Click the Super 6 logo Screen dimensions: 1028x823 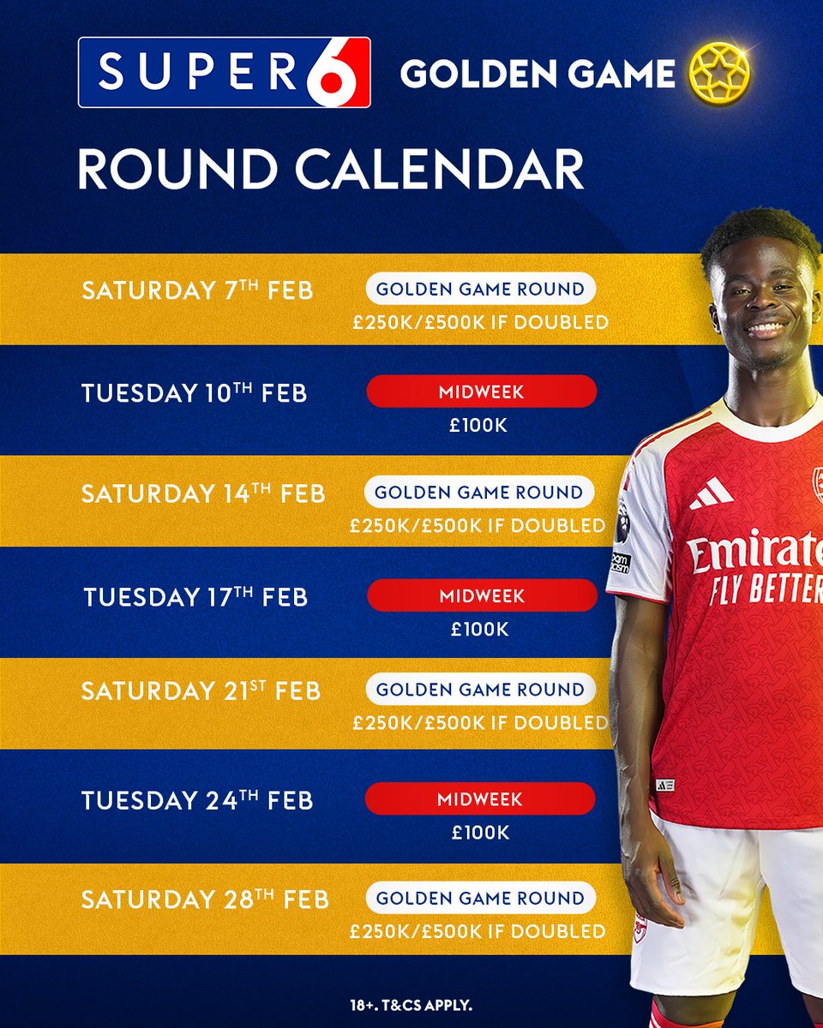click(x=224, y=72)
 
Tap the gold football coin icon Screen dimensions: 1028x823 click(x=720, y=74)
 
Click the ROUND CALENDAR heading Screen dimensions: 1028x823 click(x=331, y=169)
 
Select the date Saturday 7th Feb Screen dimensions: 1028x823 click(x=197, y=290)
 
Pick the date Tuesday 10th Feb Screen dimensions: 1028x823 click(x=195, y=392)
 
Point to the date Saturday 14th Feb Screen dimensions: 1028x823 click(x=203, y=493)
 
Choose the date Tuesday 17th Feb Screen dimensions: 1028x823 click(x=195, y=595)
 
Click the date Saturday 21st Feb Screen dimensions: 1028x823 click(x=201, y=690)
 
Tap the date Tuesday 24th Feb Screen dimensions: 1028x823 click(x=197, y=800)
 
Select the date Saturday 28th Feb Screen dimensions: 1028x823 click(x=205, y=899)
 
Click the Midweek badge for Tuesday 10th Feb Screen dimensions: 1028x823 click(x=482, y=391)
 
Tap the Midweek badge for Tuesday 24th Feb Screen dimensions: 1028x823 click(x=480, y=798)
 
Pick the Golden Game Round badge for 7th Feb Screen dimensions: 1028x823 click(x=480, y=290)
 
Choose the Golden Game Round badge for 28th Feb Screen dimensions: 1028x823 click(x=480, y=899)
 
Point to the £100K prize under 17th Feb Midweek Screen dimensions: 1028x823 click(x=480, y=630)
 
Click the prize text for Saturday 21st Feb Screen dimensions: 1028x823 click(x=480, y=723)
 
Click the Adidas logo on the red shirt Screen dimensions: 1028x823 click(x=712, y=493)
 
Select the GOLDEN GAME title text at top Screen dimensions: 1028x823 click(x=538, y=75)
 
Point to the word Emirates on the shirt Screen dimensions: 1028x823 click(x=754, y=552)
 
